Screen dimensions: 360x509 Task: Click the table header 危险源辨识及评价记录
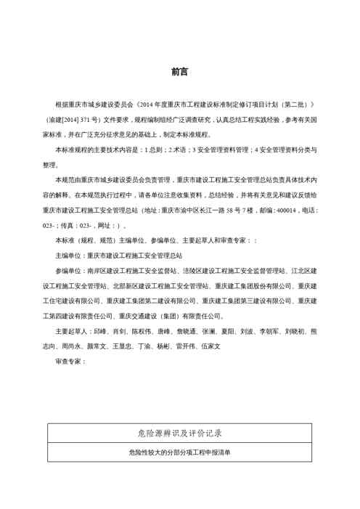pos(179,433)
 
